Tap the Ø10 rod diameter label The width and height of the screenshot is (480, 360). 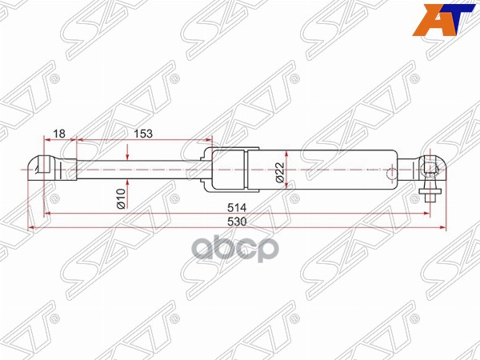pos(119,199)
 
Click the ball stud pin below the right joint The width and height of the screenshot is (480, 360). pos(430,193)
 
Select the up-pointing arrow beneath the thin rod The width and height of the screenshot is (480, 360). pos(126,182)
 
